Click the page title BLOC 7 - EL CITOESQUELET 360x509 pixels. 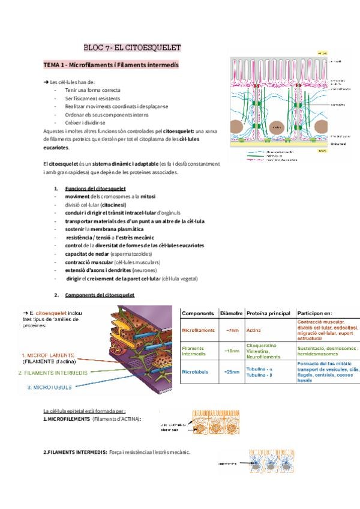coord(132,47)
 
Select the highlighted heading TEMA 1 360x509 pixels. coord(111,64)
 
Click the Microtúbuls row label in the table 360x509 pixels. coord(196,372)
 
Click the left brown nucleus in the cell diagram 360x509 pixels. coord(277,128)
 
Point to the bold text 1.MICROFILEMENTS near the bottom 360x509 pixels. coord(67,418)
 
